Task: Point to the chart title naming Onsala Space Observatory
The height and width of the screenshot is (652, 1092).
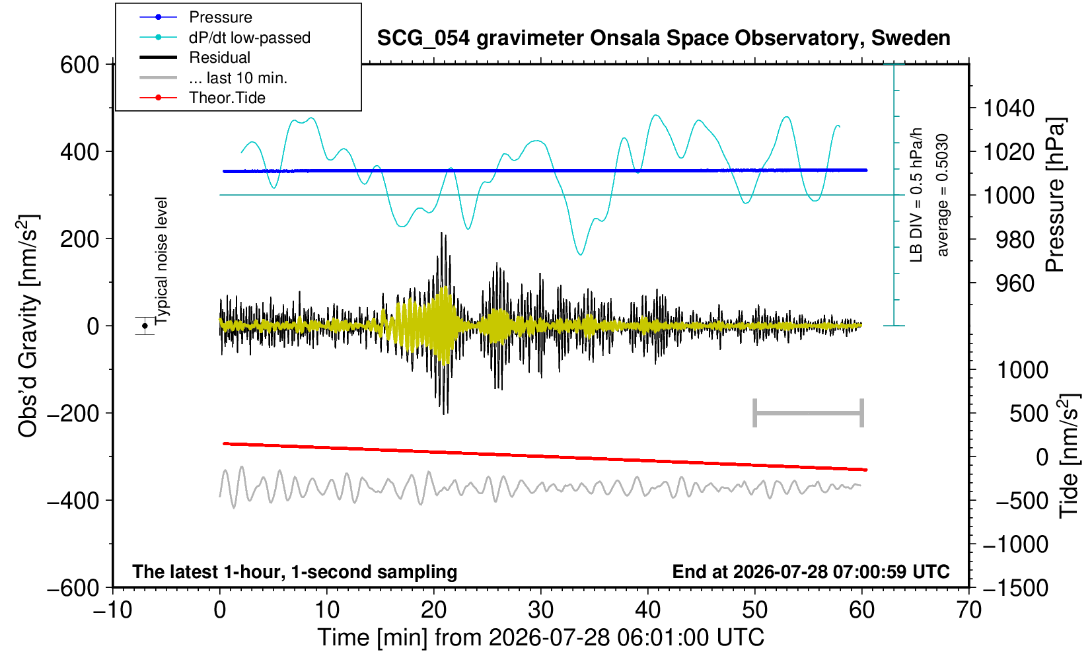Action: click(x=663, y=38)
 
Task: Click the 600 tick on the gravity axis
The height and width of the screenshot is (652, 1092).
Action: click(x=79, y=65)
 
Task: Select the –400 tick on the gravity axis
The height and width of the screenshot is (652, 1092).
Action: click(x=73, y=500)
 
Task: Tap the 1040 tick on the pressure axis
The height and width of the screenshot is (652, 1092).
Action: click(x=1008, y=108)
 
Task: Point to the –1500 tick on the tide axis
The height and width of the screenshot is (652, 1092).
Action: click(x=1015, y=588)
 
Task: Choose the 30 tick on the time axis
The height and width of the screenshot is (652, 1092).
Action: click(x=540, y=610)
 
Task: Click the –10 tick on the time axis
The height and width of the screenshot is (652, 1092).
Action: click(x=112, y=610)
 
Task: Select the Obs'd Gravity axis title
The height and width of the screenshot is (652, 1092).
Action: click(x=27, y=326)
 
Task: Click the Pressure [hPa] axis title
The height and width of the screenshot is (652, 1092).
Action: click(x=1055, y=195)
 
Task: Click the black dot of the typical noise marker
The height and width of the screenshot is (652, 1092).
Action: click(x=145, y=326)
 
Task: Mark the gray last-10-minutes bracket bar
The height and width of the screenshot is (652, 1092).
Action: click(x=809, y=413)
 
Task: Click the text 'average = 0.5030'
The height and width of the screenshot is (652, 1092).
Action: click(x=943, y=195)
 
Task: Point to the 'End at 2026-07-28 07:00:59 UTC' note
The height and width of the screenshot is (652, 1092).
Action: click(x=811, y=571)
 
